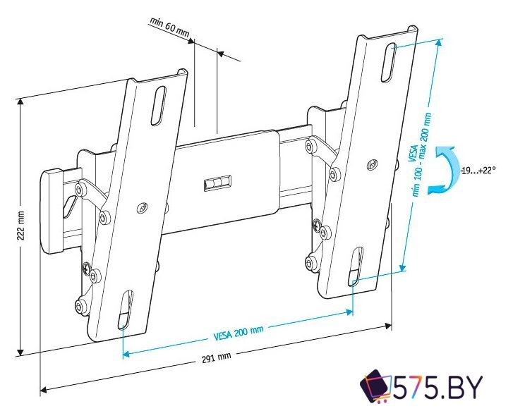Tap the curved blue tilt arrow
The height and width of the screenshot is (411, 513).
443,169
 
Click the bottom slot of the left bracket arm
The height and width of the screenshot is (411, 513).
124,311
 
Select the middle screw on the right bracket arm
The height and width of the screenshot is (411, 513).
371,166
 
